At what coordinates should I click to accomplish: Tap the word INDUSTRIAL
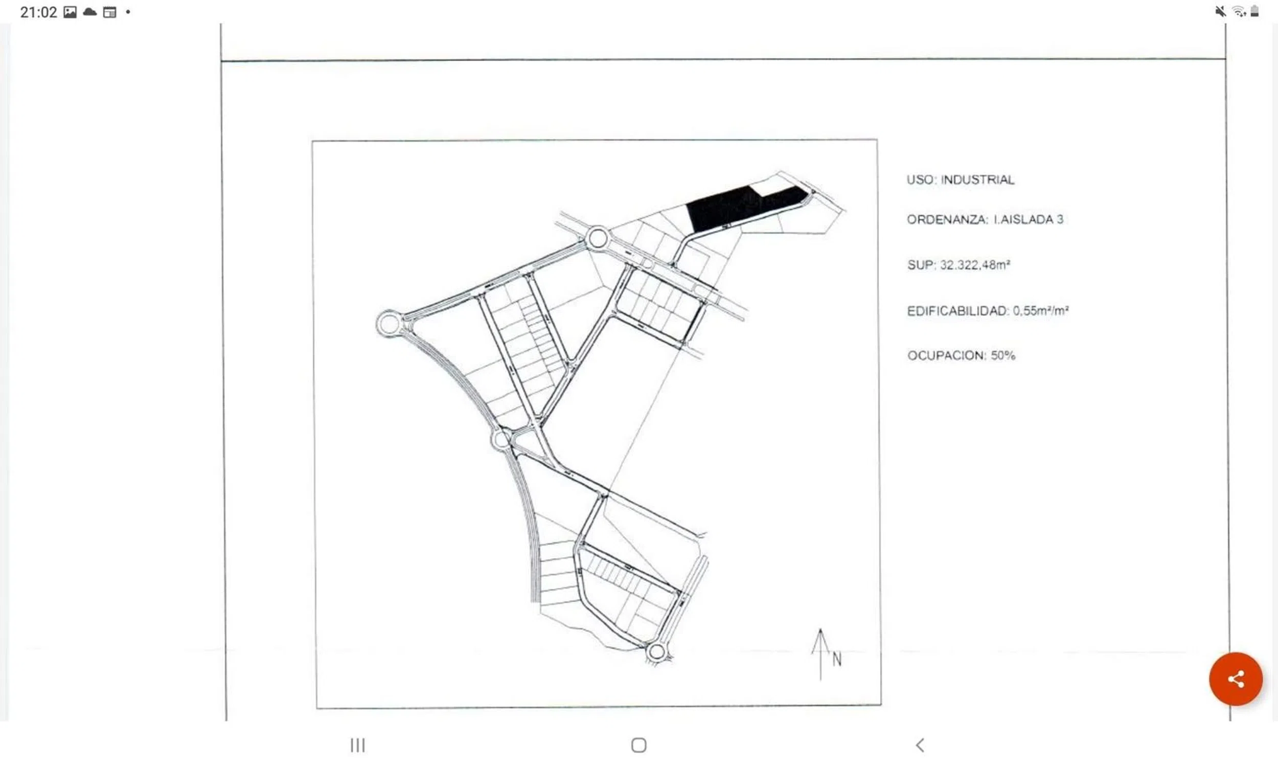[x=977, y=180]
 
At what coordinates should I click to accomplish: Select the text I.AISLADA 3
[x=1028, y=220]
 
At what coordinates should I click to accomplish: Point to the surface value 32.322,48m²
[x=975, y=265]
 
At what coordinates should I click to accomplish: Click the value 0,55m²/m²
[x=1040, y=310]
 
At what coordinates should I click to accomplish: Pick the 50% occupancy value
[x=1002, y=355]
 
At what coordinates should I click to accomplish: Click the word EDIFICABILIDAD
[x=957, y=311]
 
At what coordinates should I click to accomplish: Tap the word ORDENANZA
[x=947, y=220]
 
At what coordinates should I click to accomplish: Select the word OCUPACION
[x=946, y=355]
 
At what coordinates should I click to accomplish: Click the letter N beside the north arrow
[x=837, y=660]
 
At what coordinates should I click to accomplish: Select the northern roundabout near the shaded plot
[x=598, y=228]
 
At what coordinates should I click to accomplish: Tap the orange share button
[x=1236, y=679]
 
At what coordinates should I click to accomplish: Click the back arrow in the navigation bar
[x=920, y=745]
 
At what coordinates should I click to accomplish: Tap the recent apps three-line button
[x=357, y=745]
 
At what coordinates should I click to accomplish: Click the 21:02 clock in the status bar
[x=38, y=12]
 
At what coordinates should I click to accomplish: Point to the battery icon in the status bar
[x=1255, y=11]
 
